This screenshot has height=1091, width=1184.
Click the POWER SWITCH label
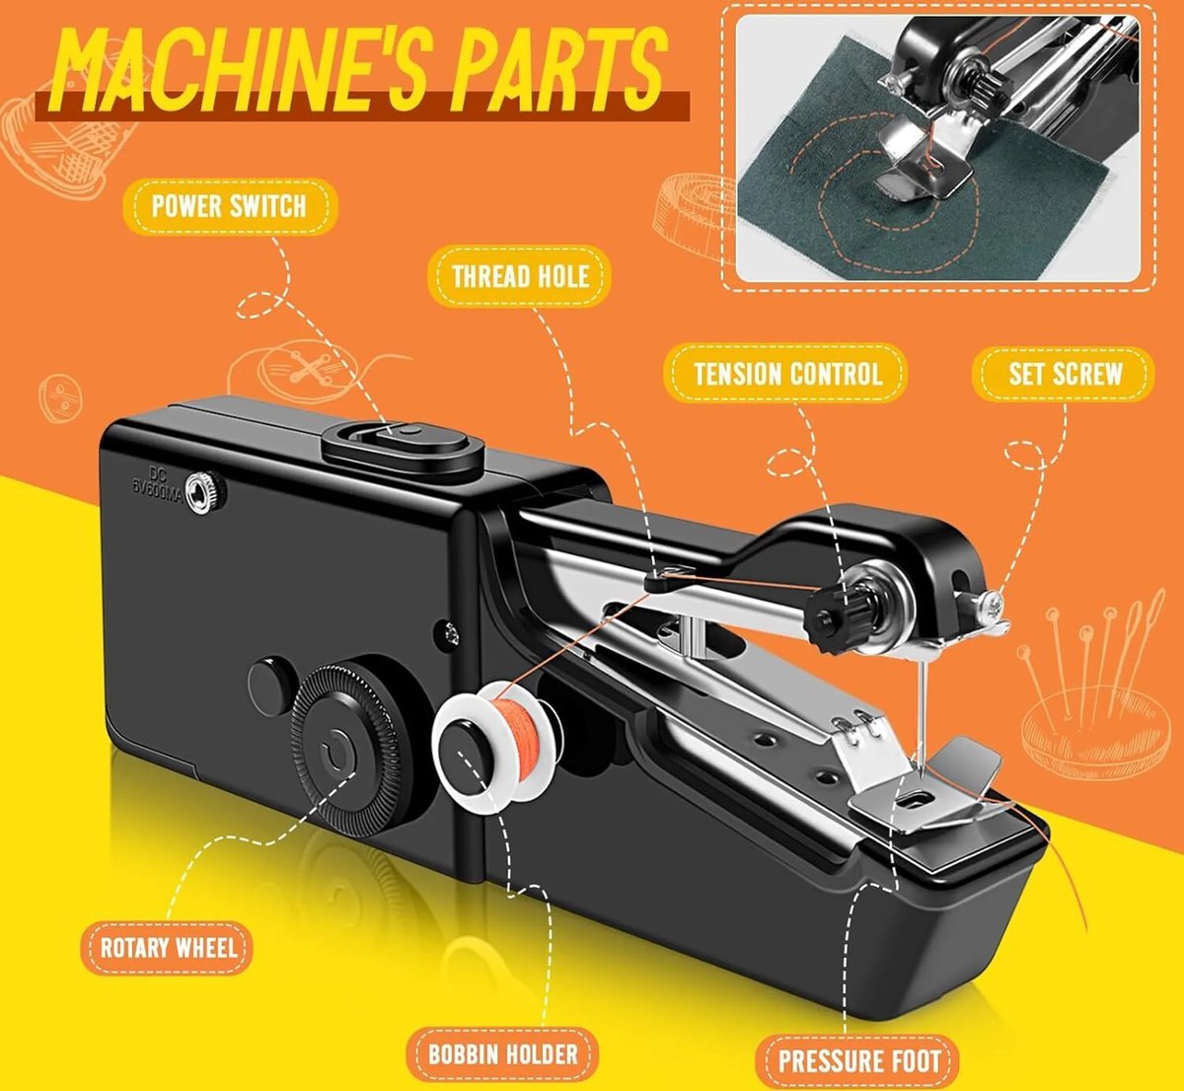(230, 206)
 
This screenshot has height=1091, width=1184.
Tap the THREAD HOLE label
(520, 276)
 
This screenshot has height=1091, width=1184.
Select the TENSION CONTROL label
(787, 374)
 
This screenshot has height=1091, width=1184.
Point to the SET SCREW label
(1065, 374)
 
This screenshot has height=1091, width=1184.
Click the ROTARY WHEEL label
(168, 948)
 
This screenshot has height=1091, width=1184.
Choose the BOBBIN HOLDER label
(503, 1054)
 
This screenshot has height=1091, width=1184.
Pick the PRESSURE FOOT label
(858, 1060)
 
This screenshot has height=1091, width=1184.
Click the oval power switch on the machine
(404, 448)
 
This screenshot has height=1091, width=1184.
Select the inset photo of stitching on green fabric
(938, 148)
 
